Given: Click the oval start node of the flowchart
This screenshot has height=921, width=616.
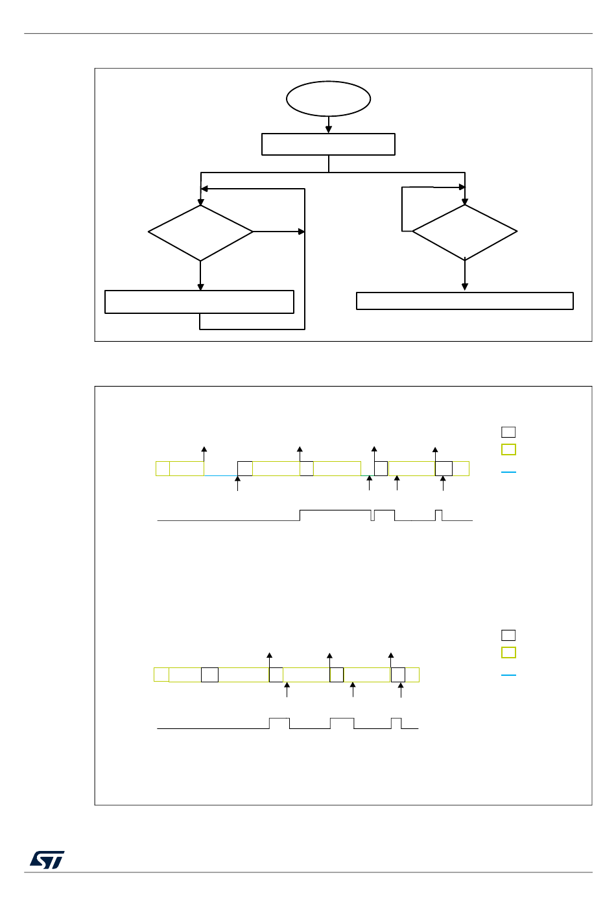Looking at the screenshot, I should [329, 99].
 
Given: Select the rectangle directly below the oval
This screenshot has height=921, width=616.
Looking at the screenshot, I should [328, 144].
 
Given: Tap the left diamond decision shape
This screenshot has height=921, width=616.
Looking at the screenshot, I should [200, 233].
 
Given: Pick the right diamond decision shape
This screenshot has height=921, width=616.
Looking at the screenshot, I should [465, 232].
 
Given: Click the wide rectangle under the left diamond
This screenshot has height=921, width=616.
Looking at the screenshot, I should [199, 302].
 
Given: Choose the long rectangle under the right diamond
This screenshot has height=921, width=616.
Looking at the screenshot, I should [465, 301].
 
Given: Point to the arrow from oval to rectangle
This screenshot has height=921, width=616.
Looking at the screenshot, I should [329, 125].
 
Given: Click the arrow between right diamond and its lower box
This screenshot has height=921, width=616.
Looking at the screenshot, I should [465, 276].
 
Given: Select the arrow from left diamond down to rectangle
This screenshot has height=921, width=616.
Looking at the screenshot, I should [200, 276].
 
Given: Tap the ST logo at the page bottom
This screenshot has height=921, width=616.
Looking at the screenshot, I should [47, 860].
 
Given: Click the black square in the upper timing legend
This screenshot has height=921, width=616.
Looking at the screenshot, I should [509, 432].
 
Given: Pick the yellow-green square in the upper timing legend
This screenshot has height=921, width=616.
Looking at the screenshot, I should [509, 449].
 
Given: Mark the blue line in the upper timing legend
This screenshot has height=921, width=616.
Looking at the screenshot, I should [509, 472].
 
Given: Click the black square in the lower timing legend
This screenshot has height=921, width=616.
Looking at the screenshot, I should [509, 635].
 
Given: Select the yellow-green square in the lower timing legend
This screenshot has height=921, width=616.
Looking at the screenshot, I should [509, 652].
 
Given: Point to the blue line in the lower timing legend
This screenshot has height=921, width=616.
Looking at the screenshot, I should [509, 675].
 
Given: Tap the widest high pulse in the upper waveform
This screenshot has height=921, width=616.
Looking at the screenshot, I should [335, 515].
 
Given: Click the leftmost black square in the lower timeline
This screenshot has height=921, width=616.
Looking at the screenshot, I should [209, 675].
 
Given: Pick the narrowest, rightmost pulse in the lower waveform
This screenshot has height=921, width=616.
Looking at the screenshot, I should [396, 723].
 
